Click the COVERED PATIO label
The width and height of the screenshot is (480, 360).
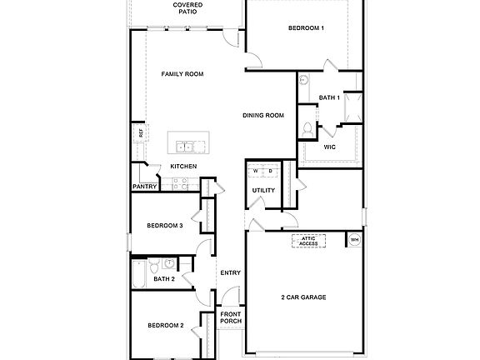(x=187, y=8)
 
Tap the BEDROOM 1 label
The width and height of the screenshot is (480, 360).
(x=306, y=28)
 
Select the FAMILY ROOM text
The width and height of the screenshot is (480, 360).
(x=182, y=74)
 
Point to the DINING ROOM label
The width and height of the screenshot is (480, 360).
(x=263, y=115)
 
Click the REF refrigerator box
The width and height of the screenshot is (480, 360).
(x=141, y=132)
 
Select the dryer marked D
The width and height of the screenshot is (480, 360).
(x=270, y=171)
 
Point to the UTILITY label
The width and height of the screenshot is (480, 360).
(x=264, y=191)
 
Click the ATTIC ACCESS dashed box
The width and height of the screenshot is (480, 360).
(x=308, y=241)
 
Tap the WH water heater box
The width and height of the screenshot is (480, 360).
(x=354, y=241)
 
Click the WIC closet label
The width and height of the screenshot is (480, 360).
(x=329, y=147)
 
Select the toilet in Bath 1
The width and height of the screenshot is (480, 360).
(x=307, y=129)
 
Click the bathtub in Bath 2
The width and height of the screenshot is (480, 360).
(x=139, y=272)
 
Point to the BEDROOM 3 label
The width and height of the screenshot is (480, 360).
(x=164, y=225)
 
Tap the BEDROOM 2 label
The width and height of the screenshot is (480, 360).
(x=165, y=325)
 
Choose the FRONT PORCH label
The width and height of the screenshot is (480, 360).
(x=230, y=317)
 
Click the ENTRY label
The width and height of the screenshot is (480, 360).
(x=230, y=272)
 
